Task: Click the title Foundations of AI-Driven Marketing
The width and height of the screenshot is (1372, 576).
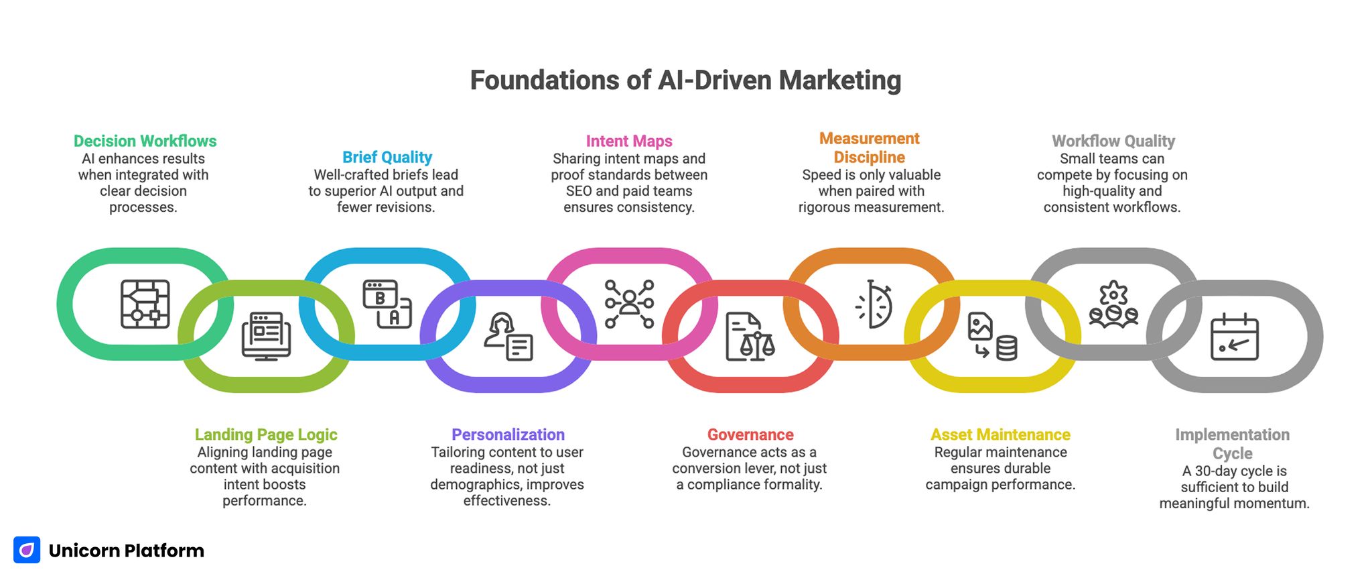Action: point(685,80)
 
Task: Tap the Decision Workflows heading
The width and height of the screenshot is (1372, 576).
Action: point(145,141)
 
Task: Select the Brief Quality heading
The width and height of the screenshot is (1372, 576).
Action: point(387,157)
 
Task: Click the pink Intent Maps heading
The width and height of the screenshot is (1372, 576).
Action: point(628,141)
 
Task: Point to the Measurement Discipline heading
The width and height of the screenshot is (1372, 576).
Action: point(869,148)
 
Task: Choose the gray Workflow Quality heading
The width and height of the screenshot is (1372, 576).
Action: point(1113,141)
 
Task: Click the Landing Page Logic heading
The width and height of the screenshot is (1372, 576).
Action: point(265,435)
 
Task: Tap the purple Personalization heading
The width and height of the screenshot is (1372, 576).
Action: point(508,435)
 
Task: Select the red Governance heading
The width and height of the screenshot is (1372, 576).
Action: point(750,435)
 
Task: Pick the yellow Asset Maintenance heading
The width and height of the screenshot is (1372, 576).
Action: point(1000,435)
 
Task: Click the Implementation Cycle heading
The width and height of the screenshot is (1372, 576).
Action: point(1232,444)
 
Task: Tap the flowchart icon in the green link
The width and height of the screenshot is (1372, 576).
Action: point(145,304)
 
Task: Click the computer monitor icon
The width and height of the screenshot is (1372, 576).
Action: point(266,336)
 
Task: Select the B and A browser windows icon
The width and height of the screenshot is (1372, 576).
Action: point(387,304)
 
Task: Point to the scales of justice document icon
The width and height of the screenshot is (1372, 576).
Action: point(750,337)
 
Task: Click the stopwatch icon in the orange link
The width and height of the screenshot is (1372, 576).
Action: point(874,304)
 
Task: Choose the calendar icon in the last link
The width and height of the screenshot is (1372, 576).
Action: point(1234,337)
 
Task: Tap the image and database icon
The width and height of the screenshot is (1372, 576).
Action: point(992,336)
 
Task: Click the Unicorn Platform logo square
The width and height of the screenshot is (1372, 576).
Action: point(27,550)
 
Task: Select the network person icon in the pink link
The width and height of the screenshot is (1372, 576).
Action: point(629,304)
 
